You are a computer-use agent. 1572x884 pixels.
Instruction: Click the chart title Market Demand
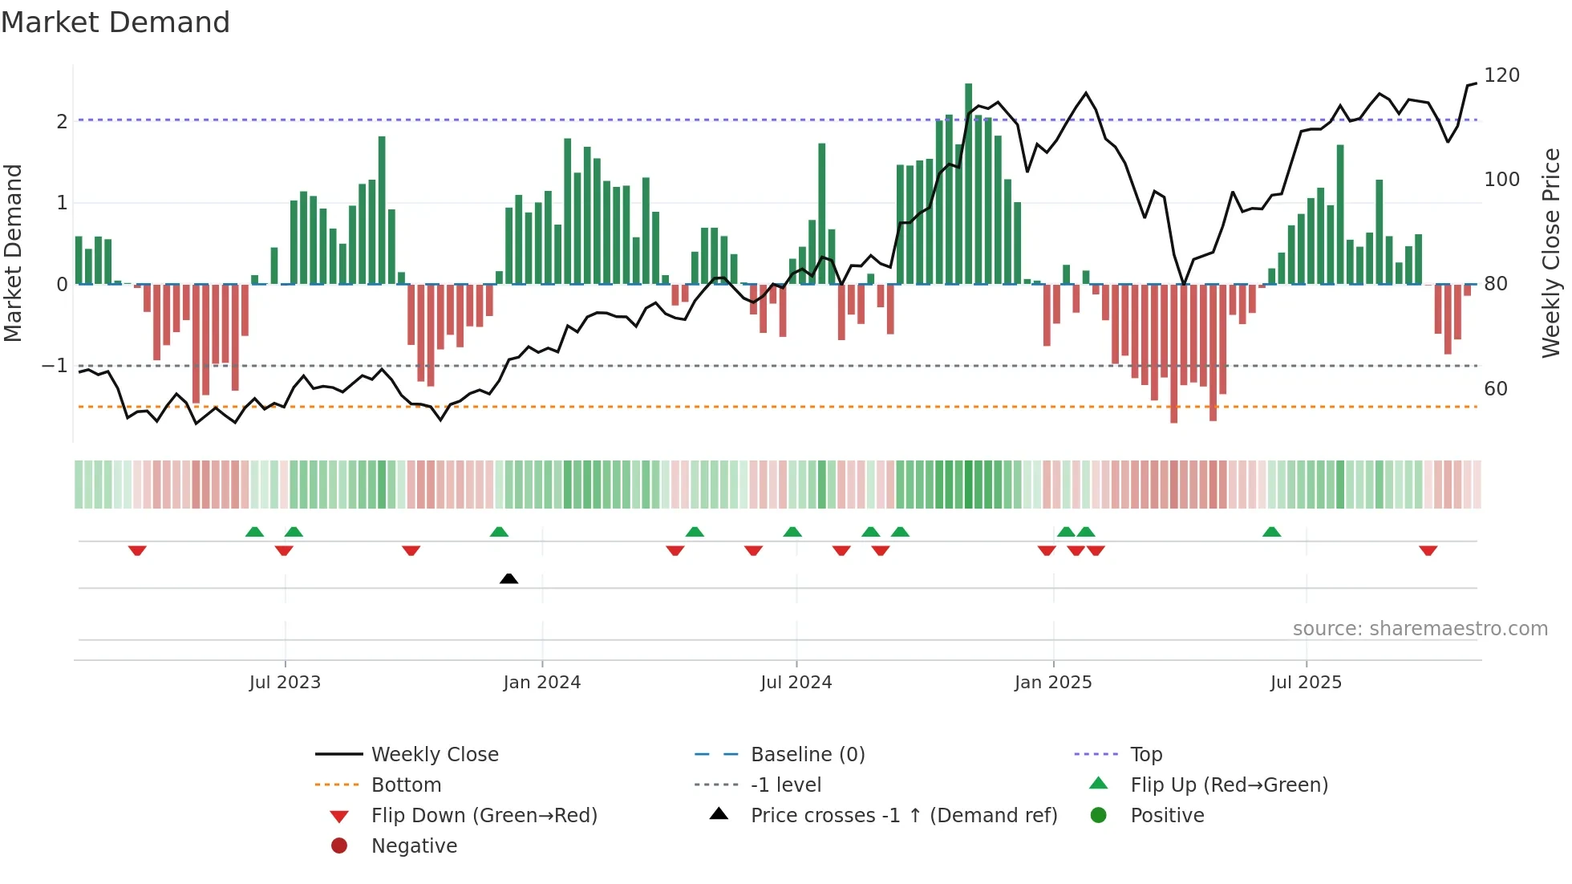(115, 22)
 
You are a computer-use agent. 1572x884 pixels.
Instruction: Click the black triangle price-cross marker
(508, 578)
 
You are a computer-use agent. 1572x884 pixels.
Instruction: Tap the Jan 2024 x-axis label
(541, 683)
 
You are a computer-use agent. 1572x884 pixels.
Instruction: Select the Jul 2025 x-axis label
(1305, 683)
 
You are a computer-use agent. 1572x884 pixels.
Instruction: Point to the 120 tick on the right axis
(1501, 75)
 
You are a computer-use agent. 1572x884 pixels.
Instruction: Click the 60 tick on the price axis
(1496, 389)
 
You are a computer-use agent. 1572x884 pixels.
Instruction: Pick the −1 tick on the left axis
(55, 366)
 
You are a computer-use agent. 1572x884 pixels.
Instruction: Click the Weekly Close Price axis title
(1551, 253)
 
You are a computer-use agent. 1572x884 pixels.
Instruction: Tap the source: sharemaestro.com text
(1420, 629)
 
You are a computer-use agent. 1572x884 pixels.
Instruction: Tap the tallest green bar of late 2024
(968, 185)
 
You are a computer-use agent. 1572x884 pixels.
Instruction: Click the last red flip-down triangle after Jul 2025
(1428, 550)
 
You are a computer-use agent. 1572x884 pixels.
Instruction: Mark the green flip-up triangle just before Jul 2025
(1271, 532)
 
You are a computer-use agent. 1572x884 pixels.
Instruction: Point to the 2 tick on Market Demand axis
(62, 122)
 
